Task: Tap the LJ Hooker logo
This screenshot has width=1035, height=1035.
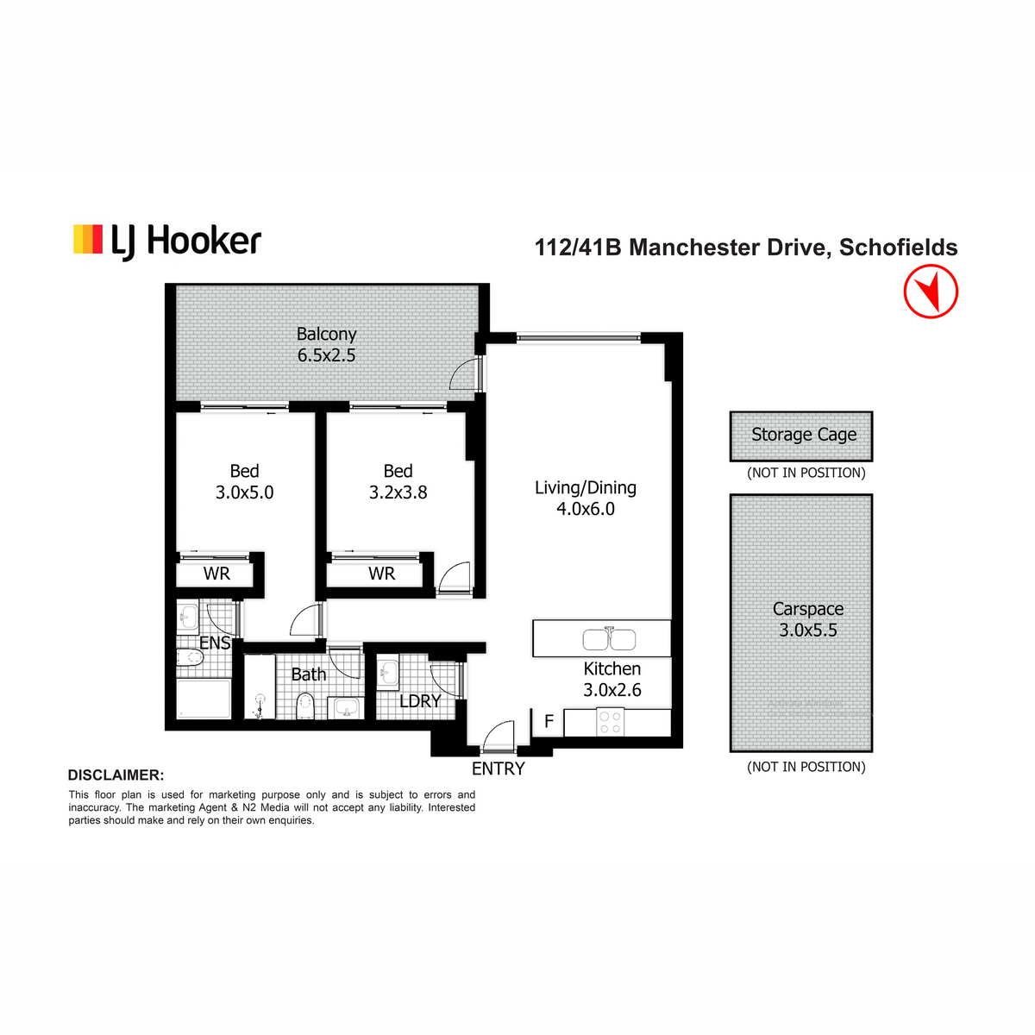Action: pyautogui.click(x=167, y=241)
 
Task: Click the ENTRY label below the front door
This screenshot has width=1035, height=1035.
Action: pyautogui.click(x=498, y=768)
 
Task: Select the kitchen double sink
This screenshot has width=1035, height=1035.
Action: pyautogui.click(x=609, y=638)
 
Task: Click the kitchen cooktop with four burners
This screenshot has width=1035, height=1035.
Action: pyautogui.click(x=610, y=722)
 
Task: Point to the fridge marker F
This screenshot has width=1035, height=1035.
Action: pyautogui.click(x=549, y=721)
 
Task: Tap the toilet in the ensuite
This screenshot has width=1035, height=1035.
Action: pyautogui.click(x=190, y=656)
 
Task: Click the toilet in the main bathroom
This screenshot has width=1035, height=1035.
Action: pyautogui.click(x=305, y=705)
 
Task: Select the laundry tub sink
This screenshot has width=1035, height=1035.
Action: pyautogui.click(x=387, y=671)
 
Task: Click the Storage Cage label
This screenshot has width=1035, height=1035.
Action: pyautogui.click(x=804, y=434)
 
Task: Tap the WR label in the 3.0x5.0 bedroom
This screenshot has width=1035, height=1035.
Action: pyautogui.click(x=216, y=574)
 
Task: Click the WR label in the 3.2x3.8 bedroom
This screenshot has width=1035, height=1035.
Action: pyautogui.click(x=381, y=574)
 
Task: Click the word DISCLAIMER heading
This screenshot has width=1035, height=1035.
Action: pyautogui.click(x=116, y=775)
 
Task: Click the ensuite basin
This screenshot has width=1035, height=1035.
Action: pyautogui.click(x=187, y=617)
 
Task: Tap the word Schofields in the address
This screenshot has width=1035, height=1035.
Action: pyautogui.click(x=898, y=247)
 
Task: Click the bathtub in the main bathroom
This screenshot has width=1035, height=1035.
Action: pyautogui.click(x=260, y=686)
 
